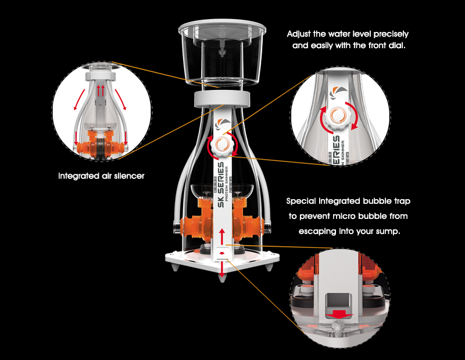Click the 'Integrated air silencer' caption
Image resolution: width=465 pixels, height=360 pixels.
click(101, 176)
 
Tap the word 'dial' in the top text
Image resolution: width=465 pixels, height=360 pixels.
click(396, 46)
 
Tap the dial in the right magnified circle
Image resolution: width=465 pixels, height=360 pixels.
click(338, 117)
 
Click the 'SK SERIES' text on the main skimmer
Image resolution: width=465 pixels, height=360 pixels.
click(221, 184)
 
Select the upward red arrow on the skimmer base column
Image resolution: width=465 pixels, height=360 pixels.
click(221, 236)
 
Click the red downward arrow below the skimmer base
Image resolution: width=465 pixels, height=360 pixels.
click(222, 269)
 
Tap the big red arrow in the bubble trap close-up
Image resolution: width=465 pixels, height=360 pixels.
click(338, 314)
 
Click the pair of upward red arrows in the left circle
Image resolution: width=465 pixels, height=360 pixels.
click(101, 90)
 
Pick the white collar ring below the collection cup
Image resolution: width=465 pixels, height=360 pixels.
click(222, 99)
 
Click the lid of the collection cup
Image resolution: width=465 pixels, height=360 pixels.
click(222, 27)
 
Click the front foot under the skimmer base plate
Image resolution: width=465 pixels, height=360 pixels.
click(222, 278)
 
